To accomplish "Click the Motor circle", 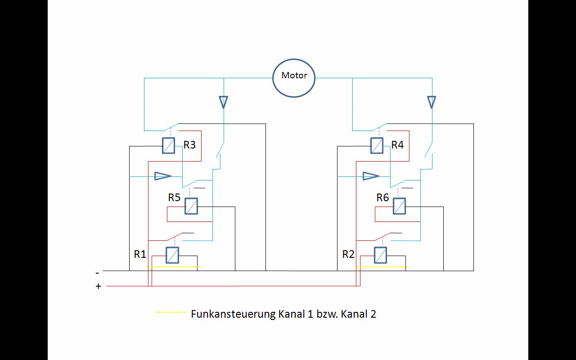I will [294, 77].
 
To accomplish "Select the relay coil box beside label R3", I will [168, 145].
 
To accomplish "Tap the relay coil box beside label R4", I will [377, 145].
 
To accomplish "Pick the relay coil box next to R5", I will [191, 206].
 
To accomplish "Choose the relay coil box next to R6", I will [399, 206].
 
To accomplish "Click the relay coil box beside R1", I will [172, 255].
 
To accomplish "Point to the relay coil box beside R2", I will [380, 255].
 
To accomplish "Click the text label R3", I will [189, 145].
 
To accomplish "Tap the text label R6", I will [382, 198].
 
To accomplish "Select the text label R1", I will [140, 254].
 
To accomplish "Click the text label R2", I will [348, 254].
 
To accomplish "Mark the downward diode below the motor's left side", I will [224, 102].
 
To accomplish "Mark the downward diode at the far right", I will [432, 102].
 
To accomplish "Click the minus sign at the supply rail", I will [97, 273].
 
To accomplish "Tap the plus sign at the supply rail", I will [99, 286].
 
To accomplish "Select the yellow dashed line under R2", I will [382, 267].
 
